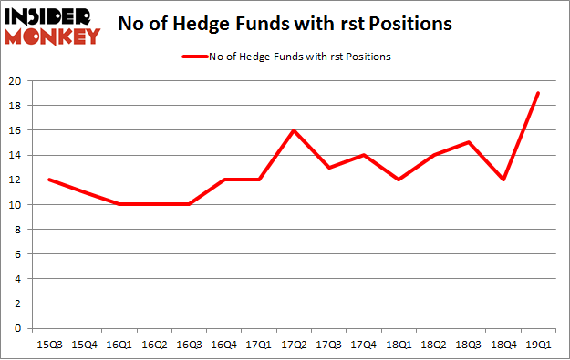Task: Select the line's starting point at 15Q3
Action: point(48,180)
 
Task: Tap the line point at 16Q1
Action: point(119,204)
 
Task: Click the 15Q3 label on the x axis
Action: point(48,345)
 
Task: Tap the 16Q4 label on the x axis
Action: point(224,345)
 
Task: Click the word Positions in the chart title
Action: point(413,24)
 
